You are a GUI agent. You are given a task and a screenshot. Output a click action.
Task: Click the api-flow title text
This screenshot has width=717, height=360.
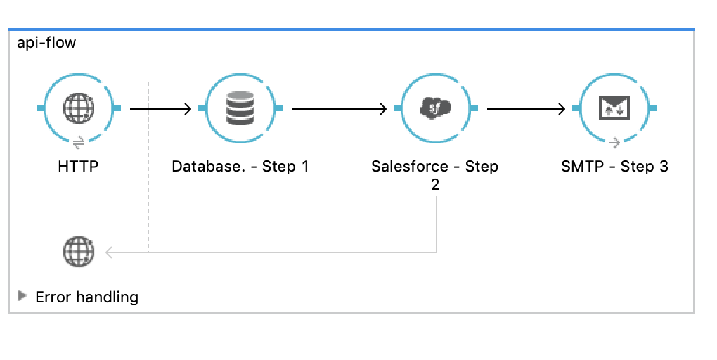pyautogui.click(x=46, y=43)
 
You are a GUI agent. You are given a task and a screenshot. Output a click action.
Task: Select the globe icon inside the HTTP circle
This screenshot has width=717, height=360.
pyautogui.click(x=79, y=108)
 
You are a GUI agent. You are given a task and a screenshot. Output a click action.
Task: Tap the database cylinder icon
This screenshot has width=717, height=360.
pyautogui.click(x=240, y=108)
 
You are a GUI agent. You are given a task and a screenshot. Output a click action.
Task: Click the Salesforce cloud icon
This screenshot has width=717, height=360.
pyautogui.click(x=435, y=108)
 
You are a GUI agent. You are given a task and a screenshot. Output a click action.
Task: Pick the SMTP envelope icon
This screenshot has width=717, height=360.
pyautogui.click(x=614, y=108)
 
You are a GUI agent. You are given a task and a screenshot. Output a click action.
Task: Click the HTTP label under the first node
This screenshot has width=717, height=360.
pyautogui.click(x=78, y=166)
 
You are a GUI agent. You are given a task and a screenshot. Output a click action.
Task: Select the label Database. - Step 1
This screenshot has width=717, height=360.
pyautogui.click(x=240, y=166)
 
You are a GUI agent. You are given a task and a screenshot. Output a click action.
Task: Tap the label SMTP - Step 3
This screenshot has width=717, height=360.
pyautogui.click(x=614, y=166)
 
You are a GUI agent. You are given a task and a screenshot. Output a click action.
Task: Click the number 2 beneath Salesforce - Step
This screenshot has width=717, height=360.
pyautogui.click(x=435, y=184)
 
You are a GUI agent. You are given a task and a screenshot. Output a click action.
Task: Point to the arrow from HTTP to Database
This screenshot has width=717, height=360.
pyautogui.click(x=160, y=109)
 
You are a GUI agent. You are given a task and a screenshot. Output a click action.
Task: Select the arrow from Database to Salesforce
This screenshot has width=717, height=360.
pyautogui.click(x=340, y=109)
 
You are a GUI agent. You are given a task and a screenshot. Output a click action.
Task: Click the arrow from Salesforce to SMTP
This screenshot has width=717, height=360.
pyautogui.click(x=527, y=109)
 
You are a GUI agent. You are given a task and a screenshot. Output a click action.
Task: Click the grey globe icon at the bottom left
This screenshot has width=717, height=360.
pyautogui.click(x=79, y=252)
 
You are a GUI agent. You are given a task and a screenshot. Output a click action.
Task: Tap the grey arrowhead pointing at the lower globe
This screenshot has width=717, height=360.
pyautogui.click(x=109, y=252)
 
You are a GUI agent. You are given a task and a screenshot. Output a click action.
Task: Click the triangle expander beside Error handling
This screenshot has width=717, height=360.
pyautogui.click(x=22, y=295)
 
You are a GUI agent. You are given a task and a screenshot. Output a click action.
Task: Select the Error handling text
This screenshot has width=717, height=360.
pyautogui.click(x=87, y=297)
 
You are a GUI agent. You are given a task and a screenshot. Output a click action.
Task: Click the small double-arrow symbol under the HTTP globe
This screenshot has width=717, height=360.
pyautogui.click(x=79, y=143)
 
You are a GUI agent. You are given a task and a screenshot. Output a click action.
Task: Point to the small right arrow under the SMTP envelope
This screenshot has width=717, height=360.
pyautogui.click(x=614, y=143)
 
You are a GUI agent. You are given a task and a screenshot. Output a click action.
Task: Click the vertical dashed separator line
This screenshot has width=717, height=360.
pyautogui.click(x=148, y=167)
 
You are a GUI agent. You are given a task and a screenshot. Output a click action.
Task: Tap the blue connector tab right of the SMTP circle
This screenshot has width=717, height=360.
pyautogui.click(x=652, y=108)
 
